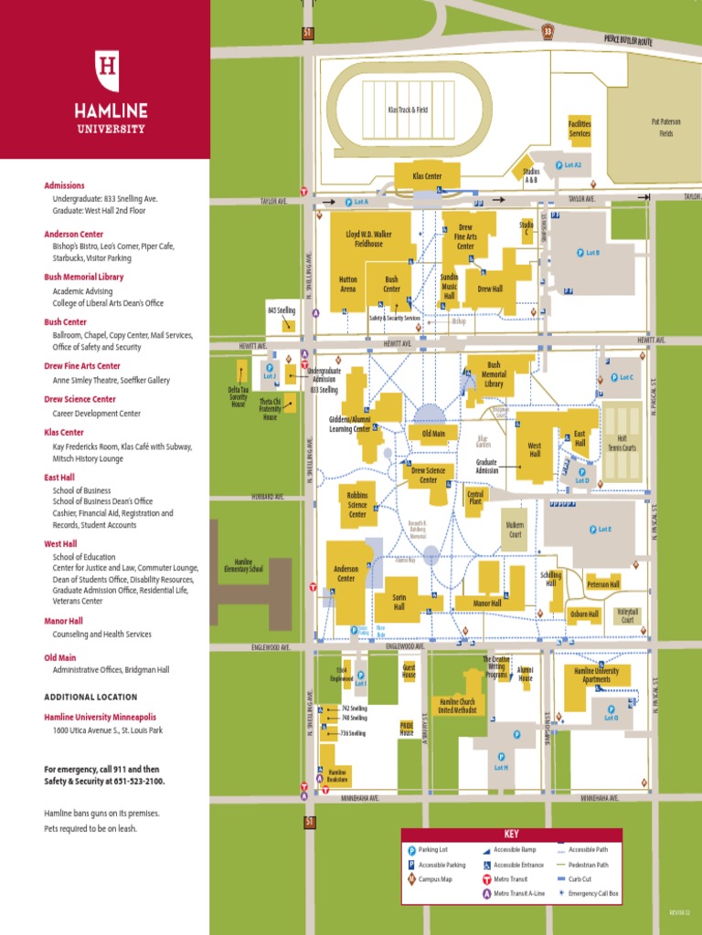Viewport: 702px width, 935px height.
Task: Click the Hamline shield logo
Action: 109,71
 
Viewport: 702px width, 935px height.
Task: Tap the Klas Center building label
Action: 427,174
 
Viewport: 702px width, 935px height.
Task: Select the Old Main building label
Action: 427,434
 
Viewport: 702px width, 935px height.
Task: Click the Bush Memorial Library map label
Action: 494,374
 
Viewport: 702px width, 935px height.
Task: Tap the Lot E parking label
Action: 600,530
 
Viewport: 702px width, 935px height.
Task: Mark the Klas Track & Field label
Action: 407,110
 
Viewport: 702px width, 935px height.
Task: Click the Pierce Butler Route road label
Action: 628,40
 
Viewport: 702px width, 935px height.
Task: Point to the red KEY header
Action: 511,834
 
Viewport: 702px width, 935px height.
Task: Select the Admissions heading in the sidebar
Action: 64,185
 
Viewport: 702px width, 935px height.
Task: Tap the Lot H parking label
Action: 501,767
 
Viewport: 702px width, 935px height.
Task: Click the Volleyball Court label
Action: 627,615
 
